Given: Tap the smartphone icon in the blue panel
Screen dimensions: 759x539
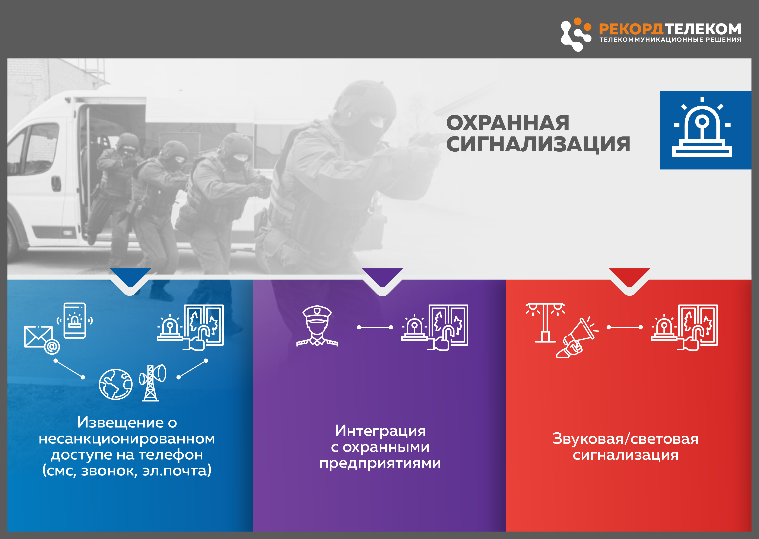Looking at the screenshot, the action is click(x=75, y=321).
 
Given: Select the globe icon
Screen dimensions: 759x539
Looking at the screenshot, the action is click(x=116, y=384).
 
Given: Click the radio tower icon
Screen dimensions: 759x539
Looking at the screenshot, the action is click(x=152, y=383).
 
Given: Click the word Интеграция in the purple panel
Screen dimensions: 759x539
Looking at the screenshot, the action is click(x=380, y=431).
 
